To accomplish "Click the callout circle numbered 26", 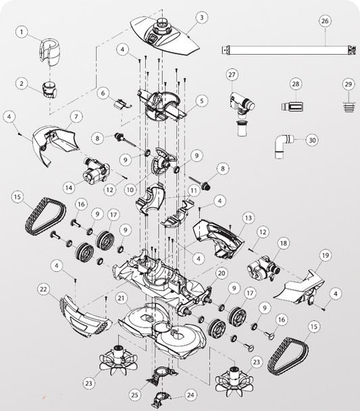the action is [325, 21].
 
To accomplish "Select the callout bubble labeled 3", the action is [201, 18].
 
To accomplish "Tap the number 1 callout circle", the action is [22, 32].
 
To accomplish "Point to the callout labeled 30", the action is [312, 140].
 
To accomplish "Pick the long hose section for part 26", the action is [288, 50].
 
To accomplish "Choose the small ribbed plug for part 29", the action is [349, 106].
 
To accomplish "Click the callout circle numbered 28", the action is [296, 84].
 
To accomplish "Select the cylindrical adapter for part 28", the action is [293, 107].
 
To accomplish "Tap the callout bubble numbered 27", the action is [232, 75].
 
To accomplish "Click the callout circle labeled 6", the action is [103, 92].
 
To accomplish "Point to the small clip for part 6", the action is [122, 104].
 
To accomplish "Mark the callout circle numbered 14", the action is [70, 188].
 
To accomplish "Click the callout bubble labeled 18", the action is [284, 243].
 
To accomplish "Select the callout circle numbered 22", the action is [43, 290].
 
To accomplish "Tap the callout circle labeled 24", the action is [190, 395].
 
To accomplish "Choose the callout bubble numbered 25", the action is [135, 395].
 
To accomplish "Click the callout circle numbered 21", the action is [121, 298].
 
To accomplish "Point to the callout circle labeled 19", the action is [325, 255].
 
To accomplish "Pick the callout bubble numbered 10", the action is [130, 190].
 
